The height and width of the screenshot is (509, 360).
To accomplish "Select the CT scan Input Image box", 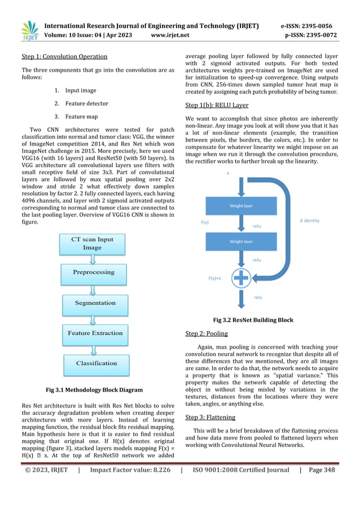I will tap(92, 244).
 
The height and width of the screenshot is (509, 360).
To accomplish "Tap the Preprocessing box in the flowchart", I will tap(93, 272).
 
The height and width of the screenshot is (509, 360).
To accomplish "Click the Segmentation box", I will tap(95, 303).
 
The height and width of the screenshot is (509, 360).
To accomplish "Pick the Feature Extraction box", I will tap(95, 334).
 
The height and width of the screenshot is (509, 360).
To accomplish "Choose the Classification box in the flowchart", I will tap(96, 363).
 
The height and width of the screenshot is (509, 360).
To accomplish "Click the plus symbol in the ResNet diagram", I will tap(241, 278).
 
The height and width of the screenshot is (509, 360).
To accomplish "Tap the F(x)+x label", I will tap(214, 278).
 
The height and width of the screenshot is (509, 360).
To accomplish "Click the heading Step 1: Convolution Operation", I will tap(64, 56).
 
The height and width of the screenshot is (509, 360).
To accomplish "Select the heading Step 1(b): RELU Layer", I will tap(217, 105).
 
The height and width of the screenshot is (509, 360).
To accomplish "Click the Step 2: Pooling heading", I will tap(207, 334).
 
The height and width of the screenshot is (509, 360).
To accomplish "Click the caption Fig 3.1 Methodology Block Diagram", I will tap(94, 390).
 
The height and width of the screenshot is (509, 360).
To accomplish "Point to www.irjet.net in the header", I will tap(170, 35).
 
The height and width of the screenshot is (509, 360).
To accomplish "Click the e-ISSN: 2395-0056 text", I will tap(306, 25).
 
